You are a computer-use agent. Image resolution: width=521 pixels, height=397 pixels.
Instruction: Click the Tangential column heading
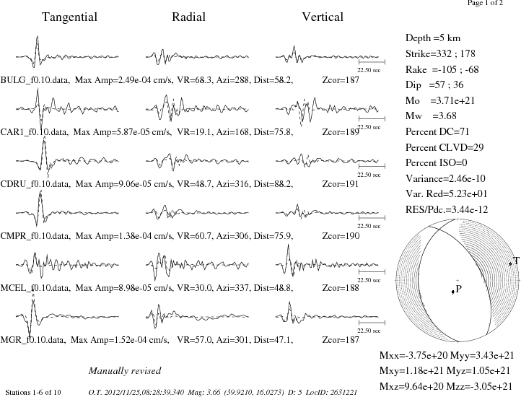tap(69, 17)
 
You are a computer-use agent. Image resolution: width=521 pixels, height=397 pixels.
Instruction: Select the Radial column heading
tap(188, 17)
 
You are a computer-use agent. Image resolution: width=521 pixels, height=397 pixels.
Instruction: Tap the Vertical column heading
tap(323, 17)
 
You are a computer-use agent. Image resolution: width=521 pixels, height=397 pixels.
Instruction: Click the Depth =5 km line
tap(433, 38)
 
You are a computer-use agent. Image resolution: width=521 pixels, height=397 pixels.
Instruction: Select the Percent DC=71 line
tap(437, 131)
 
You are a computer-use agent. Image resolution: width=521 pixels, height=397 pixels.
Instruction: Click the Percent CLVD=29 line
tap(445, 147)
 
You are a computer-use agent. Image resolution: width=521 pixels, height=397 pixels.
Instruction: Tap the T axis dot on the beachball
tap(510, 263)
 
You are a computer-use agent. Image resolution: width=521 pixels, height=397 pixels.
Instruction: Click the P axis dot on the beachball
tap(452, 292)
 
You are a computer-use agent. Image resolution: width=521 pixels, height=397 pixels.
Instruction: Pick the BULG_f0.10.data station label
tap(35, 80)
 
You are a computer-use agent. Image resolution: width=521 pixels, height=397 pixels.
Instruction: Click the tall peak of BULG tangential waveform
tap(38, 37)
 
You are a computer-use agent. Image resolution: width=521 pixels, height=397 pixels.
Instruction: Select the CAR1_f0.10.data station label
tap(34, 132)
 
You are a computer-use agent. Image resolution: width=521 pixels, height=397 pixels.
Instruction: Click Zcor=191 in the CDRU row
tap(341, 184)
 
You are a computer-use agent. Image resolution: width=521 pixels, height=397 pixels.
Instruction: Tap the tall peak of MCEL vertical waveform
tap(288, 245)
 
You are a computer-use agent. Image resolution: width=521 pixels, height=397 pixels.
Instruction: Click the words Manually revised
tap(125, 371)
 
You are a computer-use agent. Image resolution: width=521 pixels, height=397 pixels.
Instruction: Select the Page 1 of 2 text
tap(485, 3)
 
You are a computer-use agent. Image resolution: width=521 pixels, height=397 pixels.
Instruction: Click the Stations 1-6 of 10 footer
tap(33, 393)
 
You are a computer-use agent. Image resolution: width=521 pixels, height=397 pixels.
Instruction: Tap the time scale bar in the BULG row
tap(372, 62)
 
